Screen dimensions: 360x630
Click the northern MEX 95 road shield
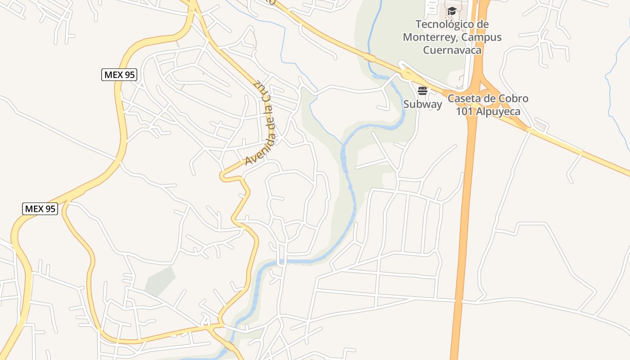pyautogui.click(x=119, y=75)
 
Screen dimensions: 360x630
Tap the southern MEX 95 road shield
pyautogui.click(x=40, y=209)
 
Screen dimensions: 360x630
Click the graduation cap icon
pyautogui.click(x=452, y=11)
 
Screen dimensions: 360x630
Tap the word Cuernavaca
pyautogui.click(x=452, y=49)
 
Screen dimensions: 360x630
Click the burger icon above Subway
pyautogui.click(x=422, y=91)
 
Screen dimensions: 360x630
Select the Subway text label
pyautogui.click(x=423, y=104)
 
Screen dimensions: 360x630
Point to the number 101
pyautogui.click(x=465, y=111)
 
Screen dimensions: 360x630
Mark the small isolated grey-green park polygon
pyautogui.click(x=160, y=281)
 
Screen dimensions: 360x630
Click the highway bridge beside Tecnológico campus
pyautogui.click(x=370, y=58)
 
